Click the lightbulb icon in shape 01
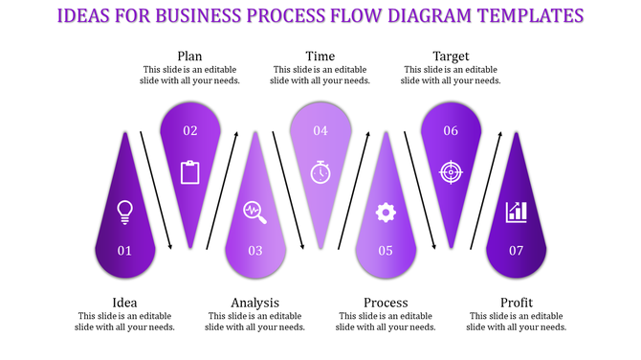(x=124, y=212)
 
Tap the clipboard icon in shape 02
(x=189, y=172)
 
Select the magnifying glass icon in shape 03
(x=254, y=212)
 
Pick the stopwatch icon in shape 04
(x=320, y=172)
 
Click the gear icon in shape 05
(x=386, y=213)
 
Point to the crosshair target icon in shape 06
(x=451, y=172)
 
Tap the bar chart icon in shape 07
(x=517, y=212)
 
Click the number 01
(x=124, y=251)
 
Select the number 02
(x=189, y=131)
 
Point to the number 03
(x=254, y=251)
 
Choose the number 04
(x=320, y=131)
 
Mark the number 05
(x=386, y=251)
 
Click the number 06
(x=451, y=131)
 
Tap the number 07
(x=517, y=251)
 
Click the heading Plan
(x=189, y=56)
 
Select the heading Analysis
(x=254, y=304)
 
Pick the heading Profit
(x=517, y=304)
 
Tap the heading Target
(x=451, y=56)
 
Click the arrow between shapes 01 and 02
(x=157, y=190)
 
